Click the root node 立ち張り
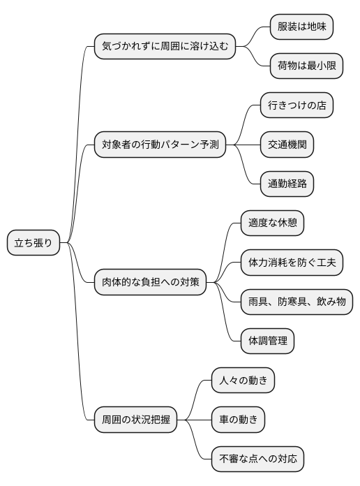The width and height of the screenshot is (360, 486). tap(33, 243)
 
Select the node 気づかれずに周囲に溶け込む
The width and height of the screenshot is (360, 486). tap(164, 47)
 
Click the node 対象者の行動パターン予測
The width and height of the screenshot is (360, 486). tap(160, 145)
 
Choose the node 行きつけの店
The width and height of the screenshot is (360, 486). tap(296, 106)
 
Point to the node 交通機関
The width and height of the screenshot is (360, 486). tap(286, 145)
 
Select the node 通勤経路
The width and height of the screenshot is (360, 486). tap(286, 184)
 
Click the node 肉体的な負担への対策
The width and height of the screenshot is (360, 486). tap(150, 282)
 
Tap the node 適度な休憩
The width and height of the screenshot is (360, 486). tap(271, 223)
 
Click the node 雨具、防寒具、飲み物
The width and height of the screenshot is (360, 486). tap(296, 302)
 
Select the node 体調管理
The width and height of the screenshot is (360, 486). tap(267, 341)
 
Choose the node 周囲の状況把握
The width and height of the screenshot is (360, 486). tap(135, 420)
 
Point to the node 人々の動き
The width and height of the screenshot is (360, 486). tap(242, 381)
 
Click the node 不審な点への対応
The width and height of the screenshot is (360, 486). tap(257, 459)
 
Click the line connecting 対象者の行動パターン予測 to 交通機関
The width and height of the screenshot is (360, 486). tap(244, 145)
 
